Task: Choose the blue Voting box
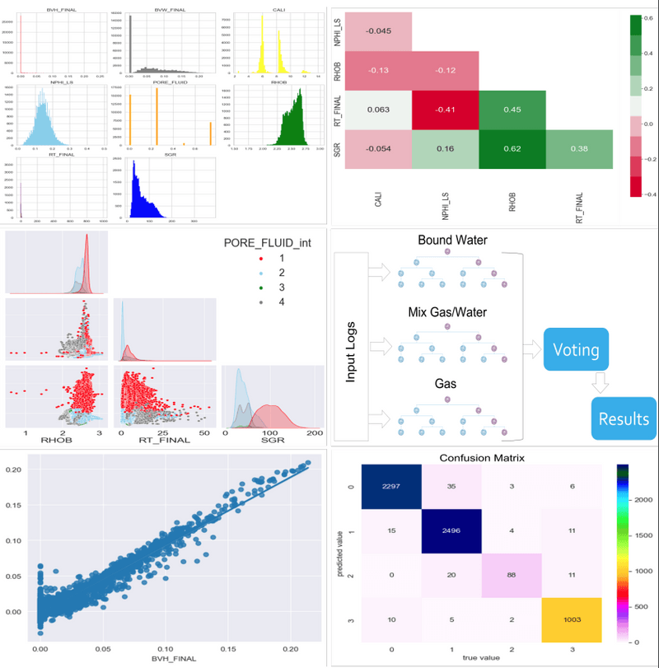tap(576, 350)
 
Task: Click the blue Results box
tap(623, 418)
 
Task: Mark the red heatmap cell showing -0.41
tap(444, 111)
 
